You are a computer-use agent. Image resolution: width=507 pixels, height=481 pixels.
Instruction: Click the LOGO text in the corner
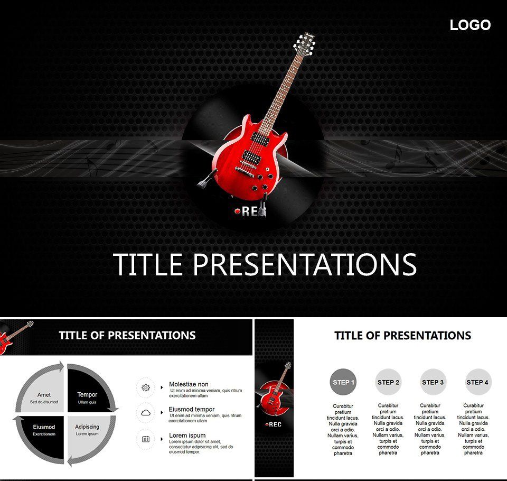click(470, 25)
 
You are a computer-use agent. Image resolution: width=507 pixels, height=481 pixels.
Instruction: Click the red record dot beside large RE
click(238, 211)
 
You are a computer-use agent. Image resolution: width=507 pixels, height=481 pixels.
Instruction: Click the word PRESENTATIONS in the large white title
click(305, 264)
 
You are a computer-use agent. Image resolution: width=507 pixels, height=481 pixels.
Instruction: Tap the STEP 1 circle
click(343, 382)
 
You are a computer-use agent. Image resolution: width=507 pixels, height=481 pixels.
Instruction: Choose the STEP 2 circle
click(388, 382)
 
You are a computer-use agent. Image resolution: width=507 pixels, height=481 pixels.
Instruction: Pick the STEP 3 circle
click(433, 382)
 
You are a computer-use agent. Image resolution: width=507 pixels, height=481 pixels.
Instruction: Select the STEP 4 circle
click(477, 382)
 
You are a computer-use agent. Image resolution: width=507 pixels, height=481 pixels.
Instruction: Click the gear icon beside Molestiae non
click(146, 387)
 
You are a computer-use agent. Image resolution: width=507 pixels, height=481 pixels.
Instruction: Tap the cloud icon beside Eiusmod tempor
click(146, 412)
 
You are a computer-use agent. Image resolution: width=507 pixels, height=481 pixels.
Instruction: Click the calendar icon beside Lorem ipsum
click(146, 439)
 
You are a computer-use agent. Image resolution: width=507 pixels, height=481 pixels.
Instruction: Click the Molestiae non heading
click(189, 384)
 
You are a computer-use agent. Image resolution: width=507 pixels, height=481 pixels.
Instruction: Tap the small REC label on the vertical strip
click(274, 424)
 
